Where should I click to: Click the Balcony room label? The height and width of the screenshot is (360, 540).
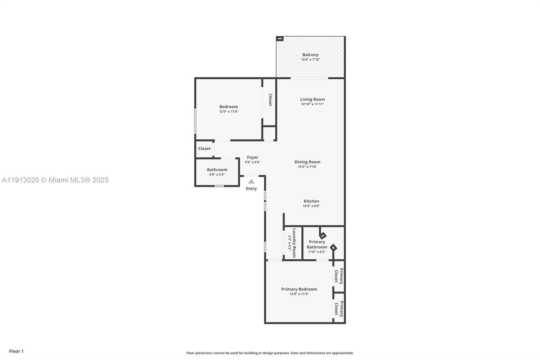tap(310, 55)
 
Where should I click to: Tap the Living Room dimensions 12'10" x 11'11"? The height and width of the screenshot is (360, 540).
tap(312, 104)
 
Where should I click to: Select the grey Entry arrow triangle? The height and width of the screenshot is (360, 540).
tap(251, 182)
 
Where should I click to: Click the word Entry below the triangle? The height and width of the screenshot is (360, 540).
tap(251, 188)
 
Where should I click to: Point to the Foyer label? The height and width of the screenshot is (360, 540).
tap(252, 157)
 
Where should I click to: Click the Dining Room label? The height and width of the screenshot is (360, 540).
tap(307, 162)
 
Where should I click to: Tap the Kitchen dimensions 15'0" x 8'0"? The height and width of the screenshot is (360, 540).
tap(311, 206)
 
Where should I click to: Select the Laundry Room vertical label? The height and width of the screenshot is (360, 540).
tap(294, 243)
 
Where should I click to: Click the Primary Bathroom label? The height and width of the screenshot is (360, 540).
tap(317, 244)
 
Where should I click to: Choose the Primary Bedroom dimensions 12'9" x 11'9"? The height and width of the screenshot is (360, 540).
tap(299, 294)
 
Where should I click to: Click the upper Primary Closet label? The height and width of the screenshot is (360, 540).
tap(339, 276)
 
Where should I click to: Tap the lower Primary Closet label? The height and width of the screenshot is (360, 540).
tap(339, 309)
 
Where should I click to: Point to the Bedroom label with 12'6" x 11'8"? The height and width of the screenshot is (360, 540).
tap(228, 107)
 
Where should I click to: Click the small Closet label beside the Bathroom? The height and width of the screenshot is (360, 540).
tap(204, 149)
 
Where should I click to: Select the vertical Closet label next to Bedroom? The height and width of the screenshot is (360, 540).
tap(270, 100)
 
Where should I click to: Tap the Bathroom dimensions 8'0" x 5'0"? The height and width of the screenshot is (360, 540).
tap(217, 175)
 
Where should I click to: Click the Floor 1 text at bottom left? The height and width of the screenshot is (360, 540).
tap(16, 351)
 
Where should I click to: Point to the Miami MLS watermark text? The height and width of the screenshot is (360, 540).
tap(55, 180)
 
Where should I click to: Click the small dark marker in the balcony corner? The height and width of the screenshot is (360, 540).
tap(280, 39)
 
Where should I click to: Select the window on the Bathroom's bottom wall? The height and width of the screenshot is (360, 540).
tap(219, 186)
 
